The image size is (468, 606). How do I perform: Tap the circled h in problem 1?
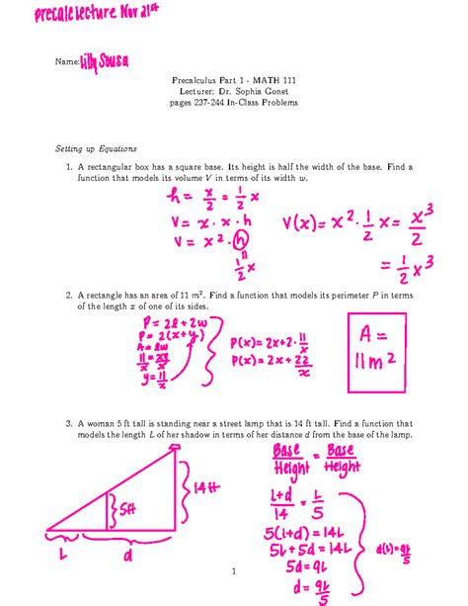click(x=240, y=240)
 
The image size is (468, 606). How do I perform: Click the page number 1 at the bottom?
click(x=233, y=571)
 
